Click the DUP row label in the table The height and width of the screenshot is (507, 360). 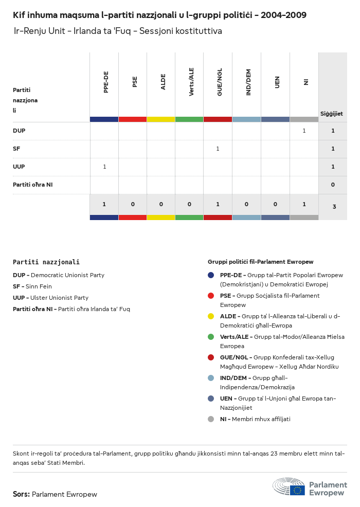[19, 131]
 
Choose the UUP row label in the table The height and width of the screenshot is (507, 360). [19, 167]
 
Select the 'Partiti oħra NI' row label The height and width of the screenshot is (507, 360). [32, 185]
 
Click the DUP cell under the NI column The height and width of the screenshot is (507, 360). [304, 131]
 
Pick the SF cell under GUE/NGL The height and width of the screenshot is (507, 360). [218, 149]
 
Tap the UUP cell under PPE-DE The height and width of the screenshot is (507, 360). [104, 167]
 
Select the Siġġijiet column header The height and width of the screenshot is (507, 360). [332, 114]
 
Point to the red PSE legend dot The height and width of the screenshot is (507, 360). [211, 296]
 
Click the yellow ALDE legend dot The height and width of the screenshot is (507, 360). [211, 316]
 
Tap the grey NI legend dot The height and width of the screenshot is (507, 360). [211, 419]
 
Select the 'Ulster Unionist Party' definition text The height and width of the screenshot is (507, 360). [59, 298]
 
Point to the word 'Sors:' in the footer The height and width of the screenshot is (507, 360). [21, 494]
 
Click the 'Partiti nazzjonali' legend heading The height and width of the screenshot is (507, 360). [46, 262]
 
